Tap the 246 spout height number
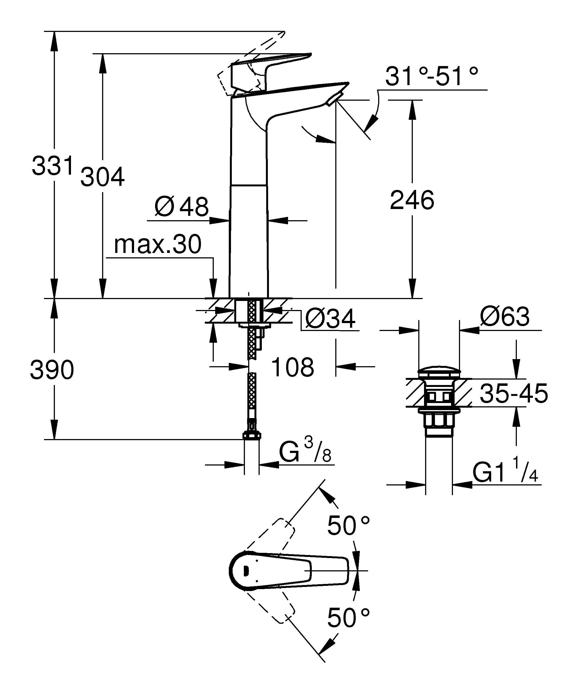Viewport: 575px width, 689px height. click(x=412, y=200)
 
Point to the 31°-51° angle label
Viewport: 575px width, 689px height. click(x=431, y=76)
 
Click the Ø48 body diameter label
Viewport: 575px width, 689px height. click(x=182, y=207)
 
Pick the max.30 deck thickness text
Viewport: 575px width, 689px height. click(x=158, y=244)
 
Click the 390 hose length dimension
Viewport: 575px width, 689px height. click(x=52, y=370)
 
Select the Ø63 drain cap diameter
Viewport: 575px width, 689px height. click(x=505, y=317)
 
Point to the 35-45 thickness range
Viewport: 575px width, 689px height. click(x=514, y=393)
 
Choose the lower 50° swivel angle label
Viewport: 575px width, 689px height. click(x=349, y=618)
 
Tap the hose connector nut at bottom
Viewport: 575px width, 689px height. click(x=252, y=436)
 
